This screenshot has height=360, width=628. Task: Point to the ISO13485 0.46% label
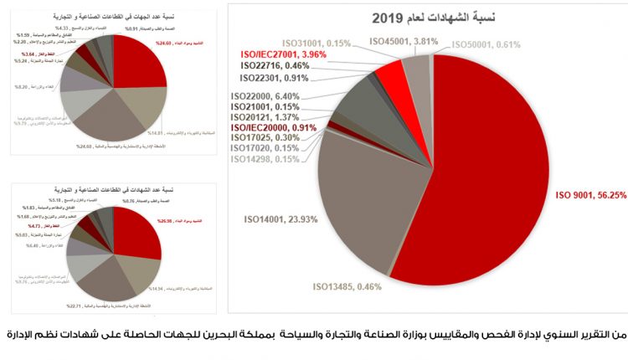tap(347, 286)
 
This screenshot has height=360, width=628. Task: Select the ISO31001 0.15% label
tap(316, 42)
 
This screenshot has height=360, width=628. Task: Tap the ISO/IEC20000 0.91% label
tap(275, 128)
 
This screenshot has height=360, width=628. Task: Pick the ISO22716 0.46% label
tap(275, 65)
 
